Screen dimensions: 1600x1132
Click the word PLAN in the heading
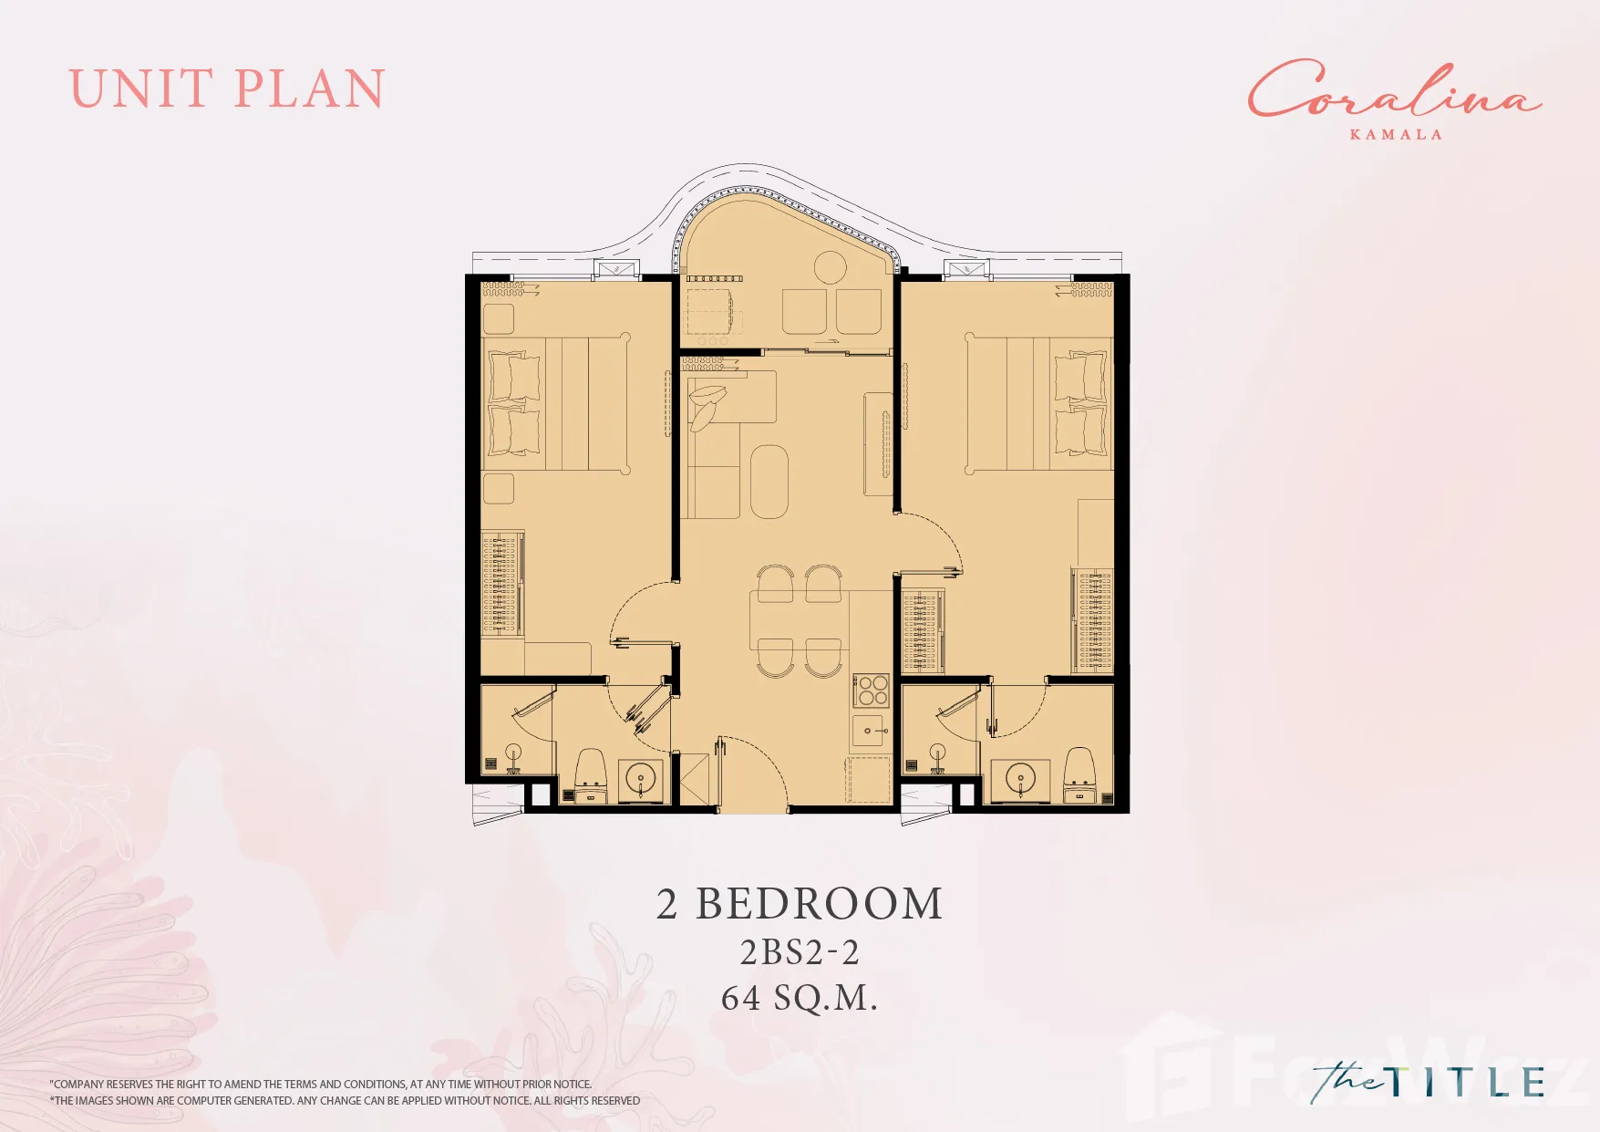(309, 88)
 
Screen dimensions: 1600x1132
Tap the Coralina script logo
(1394, 89)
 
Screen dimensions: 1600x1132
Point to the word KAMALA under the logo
(1396, 134)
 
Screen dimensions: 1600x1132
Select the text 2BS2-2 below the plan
(800, 952)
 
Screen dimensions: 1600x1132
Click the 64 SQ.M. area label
(800, 998)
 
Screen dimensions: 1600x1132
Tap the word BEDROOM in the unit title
(820, 904)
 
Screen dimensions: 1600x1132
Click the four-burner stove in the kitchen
(872, 691)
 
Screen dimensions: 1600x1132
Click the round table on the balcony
(830, 268)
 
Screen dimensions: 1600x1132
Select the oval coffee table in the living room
(769, 482)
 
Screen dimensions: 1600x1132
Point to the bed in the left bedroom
(556, 403)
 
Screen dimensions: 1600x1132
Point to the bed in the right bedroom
(1039, 403)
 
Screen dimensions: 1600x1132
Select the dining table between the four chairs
(799, 620)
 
